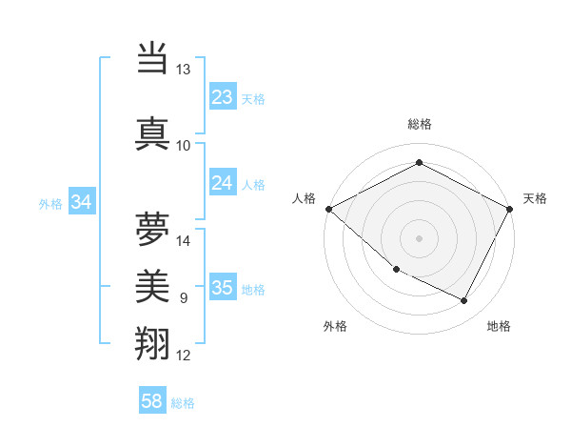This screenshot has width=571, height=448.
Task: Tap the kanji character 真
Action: click(152, 132)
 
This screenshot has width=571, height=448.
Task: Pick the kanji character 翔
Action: click(152, 342)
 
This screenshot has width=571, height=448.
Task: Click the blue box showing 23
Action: click(222, 97)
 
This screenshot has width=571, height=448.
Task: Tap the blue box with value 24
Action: click(222, 183)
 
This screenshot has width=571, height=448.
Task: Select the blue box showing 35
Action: click(222, 288)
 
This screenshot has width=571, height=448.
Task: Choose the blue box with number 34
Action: click(82, 202)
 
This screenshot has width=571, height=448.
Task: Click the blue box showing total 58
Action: click(152, 401)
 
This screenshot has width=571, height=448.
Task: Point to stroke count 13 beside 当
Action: click(184, 70)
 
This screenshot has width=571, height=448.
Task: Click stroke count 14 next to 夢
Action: click(184, 240)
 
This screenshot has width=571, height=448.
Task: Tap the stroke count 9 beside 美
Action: click(183, 298)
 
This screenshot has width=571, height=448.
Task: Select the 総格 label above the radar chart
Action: click(419, 124)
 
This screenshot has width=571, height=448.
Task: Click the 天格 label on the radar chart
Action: click(535, 198)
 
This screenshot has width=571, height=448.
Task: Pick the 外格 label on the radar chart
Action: click(334, 326)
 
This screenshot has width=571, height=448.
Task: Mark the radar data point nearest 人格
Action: click(328, 209)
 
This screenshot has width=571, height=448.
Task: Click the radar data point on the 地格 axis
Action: click(464, 301)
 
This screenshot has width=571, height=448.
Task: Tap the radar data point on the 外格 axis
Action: click(396, 270)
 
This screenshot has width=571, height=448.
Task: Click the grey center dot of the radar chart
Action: click(419, 237)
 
